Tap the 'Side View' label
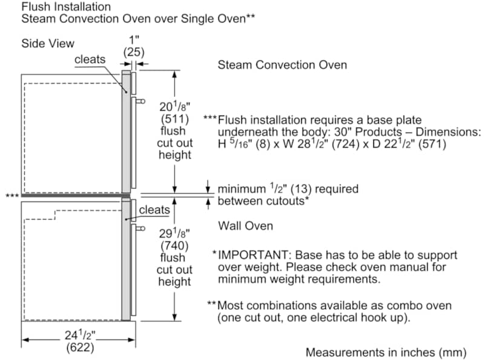[x=48, y=44]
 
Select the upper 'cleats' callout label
[x=90, y=59]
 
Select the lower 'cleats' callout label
[x=154, y=210]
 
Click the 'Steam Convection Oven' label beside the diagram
[x=283, y=65]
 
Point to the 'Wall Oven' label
[x=245, y=226]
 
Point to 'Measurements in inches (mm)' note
[x=386, y=352]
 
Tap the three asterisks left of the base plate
[x=11, y=196]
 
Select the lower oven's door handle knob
[x=141, y=228]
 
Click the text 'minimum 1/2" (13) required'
[x=287, y=189]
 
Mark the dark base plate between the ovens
[x=73, y=195]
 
